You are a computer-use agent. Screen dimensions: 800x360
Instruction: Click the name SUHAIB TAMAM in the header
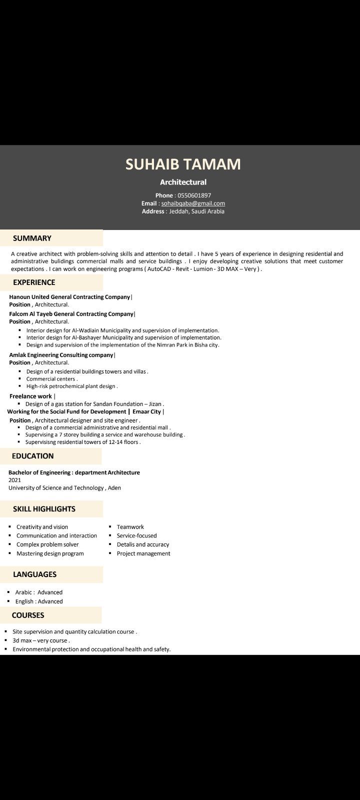pyautogui.click(x=183, y=164)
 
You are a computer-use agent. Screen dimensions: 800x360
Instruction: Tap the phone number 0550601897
pyautogui.click(x=194, y=195)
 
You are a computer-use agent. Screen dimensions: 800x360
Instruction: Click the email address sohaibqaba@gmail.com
pyautogui.click(x=193, y=203)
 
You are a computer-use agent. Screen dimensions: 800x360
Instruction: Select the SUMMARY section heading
pyautogui.click(x=32, y=238)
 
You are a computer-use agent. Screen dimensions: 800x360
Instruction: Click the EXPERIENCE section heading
pyautogui.click(x=34, y=282)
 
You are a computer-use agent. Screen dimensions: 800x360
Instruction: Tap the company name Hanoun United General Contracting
pyautogui.click(x=69, y=297)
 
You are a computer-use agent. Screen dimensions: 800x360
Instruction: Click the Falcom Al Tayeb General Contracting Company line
pyautogui.click(x=71, y=314)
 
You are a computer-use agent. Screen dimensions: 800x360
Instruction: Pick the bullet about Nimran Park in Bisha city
pyautogui.click(x=122, y=344)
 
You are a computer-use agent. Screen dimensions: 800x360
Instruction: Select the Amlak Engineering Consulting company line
pyautogui.click(x=61, y=355)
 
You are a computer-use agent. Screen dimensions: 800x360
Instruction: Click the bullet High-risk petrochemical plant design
pyautogui.click(x=71, y=386)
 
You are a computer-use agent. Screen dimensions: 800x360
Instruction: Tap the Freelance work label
pyautogui.click(x=30, y=396)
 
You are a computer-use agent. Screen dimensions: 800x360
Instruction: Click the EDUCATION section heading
pyautogui.click(x=32, y=456)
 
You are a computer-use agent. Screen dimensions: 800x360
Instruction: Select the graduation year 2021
pyautogui.click(x=14, y=480)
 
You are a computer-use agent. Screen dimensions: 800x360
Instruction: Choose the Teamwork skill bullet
pyautogui.click(x=130, y=527)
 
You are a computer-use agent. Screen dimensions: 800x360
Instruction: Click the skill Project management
pyautogui.click(x=143, y=553)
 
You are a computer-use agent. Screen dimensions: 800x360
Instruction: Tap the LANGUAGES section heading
pyautogui.click(x=34, y=574)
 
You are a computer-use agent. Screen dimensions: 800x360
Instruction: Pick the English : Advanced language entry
pyautogui.click(x=39, y=601)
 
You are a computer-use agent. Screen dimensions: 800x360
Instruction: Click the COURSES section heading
pyautogui.click(x=28, y=615)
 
